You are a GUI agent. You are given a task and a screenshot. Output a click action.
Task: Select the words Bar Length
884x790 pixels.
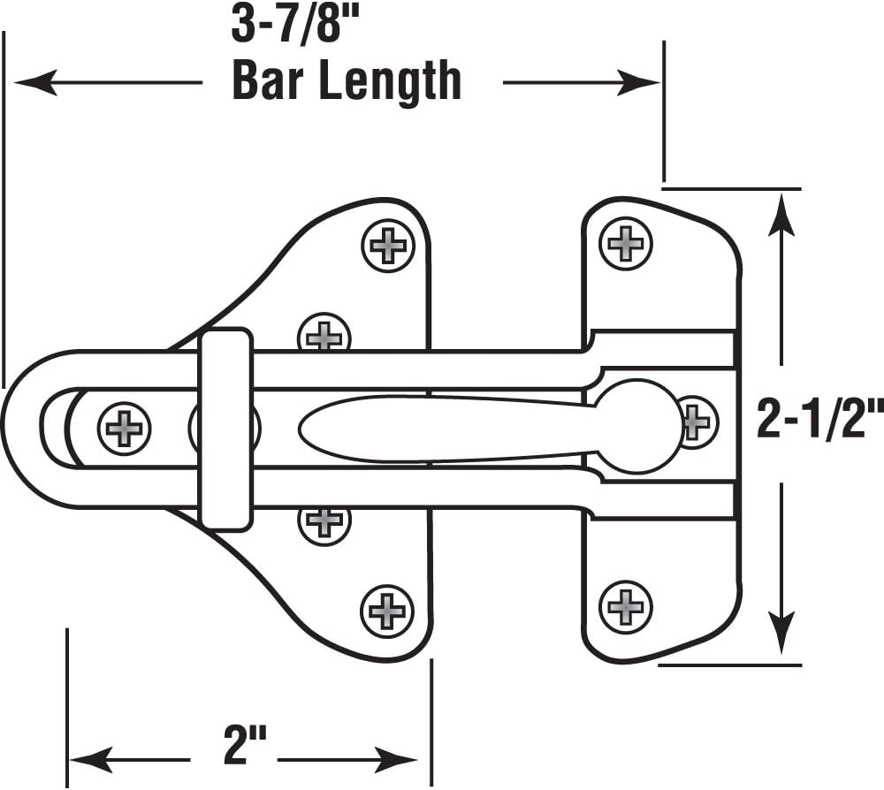(x=346, y=82)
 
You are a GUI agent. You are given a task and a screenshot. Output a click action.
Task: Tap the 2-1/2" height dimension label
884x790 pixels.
(x=819, y=419)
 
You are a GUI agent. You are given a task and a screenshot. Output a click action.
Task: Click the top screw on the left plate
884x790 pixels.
(x=387, y=245)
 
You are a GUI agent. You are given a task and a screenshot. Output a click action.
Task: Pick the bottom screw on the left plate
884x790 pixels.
(x=386, y=610)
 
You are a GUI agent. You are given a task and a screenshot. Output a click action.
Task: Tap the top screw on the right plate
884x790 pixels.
(x=626, y=241)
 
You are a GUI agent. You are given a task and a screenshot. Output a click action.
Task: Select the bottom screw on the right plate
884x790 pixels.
(x=626, y=606)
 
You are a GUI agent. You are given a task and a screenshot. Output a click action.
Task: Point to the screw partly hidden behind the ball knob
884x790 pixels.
(x=697, y=422)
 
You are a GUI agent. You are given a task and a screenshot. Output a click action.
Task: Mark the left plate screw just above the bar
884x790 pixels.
(x=325, y=335)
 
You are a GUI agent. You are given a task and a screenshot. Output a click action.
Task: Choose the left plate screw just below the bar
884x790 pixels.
(x=324, y=521)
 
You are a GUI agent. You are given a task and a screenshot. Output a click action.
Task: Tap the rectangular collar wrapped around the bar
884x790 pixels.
(x=225, y=429)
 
